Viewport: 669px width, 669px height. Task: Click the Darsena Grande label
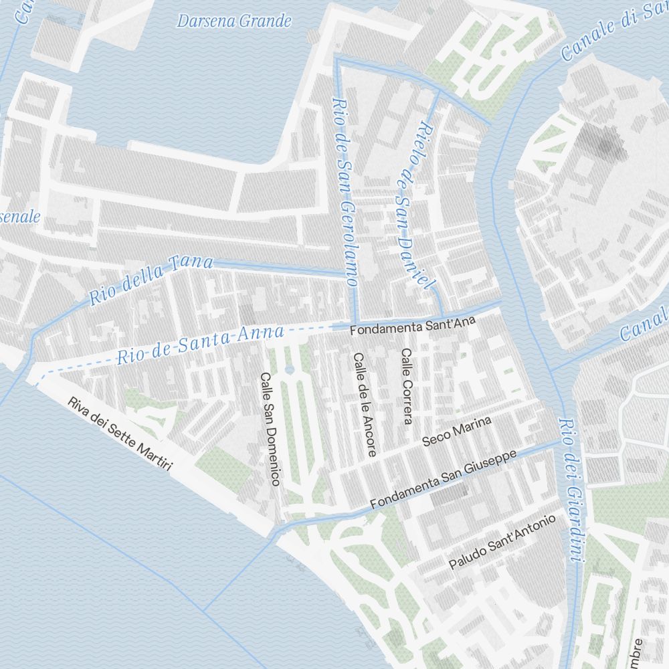coord(234,21)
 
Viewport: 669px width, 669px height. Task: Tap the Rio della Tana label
coord(151,280)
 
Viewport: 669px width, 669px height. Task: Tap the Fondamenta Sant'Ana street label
coord(412,326)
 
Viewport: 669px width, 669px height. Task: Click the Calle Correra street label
coord(407,387)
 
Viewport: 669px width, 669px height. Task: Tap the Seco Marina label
coord(457,431)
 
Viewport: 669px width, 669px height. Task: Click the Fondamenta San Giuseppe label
coord(444,480)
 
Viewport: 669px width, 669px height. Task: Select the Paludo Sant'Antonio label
coord(502,543)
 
